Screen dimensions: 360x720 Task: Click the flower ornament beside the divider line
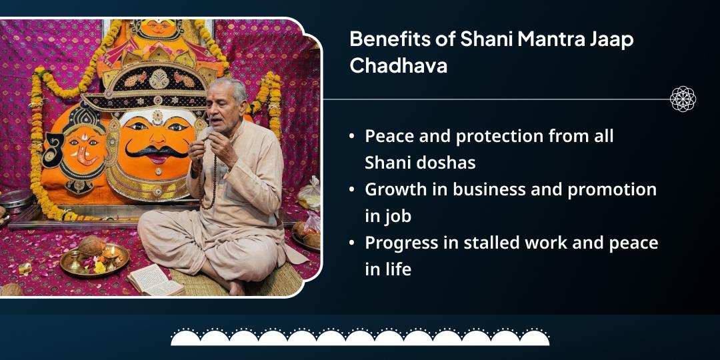[x=683, y=99]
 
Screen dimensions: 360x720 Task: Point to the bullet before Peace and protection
[x=351, y=136]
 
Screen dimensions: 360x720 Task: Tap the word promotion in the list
[x=611, y=189]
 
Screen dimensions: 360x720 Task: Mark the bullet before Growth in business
[x=351, y=189]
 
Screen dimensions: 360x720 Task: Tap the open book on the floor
[x=155, y=279]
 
